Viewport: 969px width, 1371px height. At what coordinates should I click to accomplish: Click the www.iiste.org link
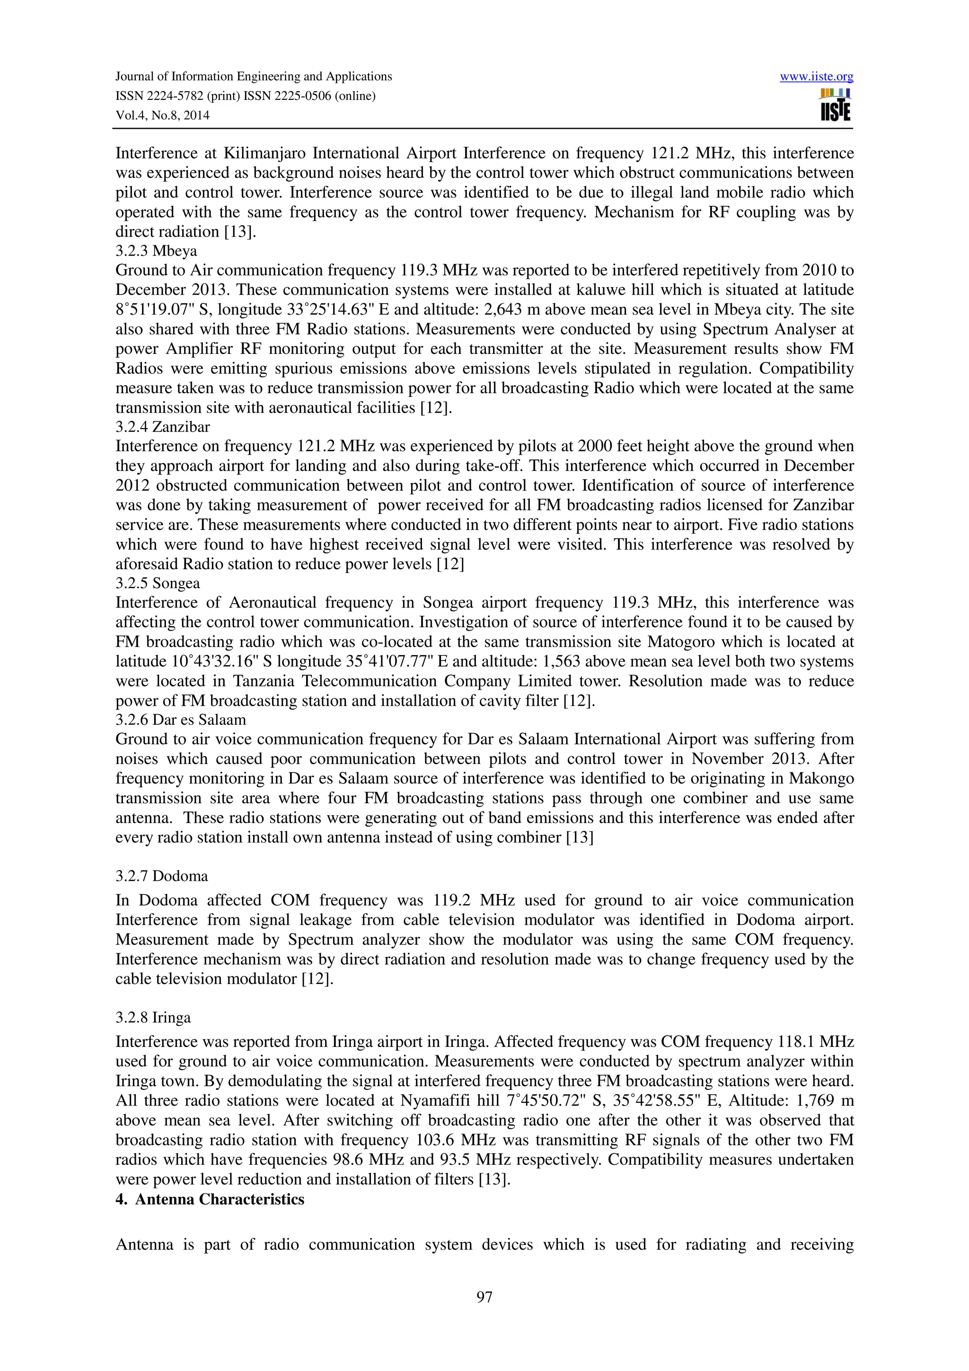(816, 77)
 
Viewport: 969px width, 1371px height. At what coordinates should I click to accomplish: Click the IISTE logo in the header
(835, 105)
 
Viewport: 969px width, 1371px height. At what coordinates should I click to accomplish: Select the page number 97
(484, 1296)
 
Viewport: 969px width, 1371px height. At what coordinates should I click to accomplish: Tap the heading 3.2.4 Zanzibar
(162, 427)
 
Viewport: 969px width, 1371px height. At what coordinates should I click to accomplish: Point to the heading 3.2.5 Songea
(158, 583)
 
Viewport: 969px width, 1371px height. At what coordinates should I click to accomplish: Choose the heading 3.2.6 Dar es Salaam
(180, 720)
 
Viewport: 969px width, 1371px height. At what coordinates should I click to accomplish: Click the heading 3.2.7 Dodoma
(161, 876)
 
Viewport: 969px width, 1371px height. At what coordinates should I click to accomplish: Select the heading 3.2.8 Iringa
(153, 1017)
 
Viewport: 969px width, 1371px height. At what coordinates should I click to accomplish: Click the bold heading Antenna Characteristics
(219, 1199)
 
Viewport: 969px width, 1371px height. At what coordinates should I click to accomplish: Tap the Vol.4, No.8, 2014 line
(162, 115)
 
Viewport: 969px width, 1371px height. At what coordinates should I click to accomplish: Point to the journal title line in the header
(253, 77)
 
